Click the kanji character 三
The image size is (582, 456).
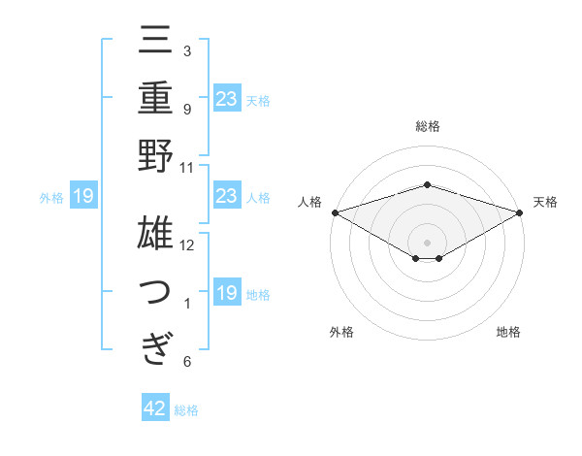point(155,43)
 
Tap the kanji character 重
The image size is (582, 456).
point(155,99)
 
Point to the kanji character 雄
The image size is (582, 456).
point(155,236)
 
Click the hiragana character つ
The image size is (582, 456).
point(155,291)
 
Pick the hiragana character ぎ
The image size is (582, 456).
point(155,347)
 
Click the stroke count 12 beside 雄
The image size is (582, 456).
point(187,244)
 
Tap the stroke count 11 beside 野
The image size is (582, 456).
point(187,166)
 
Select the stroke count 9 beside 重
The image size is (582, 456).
point(187,109)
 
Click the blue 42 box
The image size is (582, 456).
point(155,408)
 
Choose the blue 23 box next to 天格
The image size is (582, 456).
point(226,99)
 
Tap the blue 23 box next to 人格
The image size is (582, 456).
point(226,196)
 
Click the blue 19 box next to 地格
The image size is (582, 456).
point(226,293)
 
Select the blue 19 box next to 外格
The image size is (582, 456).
point(83,197)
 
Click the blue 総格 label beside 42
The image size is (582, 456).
point(186,410)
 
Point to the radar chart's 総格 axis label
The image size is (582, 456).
point(427,126)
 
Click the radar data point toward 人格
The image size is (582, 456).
point(335,212)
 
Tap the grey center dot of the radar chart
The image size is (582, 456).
point(427,242)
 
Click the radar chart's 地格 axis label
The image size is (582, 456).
point(508,333)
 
